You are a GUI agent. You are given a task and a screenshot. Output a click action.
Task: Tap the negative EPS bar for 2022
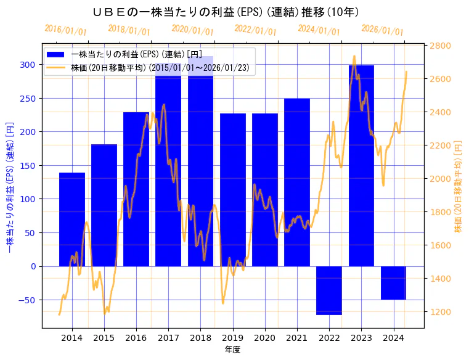pos(329,290)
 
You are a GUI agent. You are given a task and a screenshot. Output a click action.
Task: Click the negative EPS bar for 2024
pos(393,283)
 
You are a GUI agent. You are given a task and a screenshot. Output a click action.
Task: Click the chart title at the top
pos(226,12)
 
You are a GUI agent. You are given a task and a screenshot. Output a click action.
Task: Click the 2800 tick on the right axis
pos(443,46)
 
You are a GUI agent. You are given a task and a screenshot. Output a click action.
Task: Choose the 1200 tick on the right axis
pos(443,312)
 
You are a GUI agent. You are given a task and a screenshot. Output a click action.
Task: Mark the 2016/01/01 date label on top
pos(65,30)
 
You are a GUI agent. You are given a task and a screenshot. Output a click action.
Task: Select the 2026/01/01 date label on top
pos(382,30)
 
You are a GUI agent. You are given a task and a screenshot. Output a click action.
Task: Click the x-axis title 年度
pos(232,350)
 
